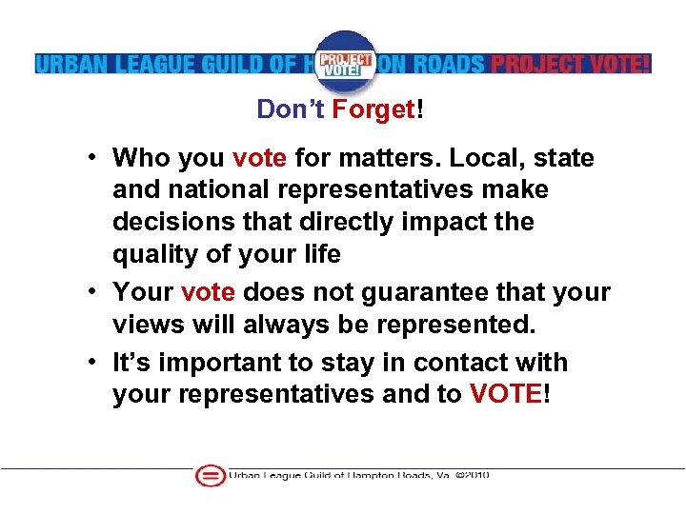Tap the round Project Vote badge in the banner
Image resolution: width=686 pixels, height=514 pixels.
pos(345,62)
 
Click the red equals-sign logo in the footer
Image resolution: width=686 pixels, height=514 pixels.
pos(209,476)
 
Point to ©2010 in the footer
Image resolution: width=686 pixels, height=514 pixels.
pos(472,475)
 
